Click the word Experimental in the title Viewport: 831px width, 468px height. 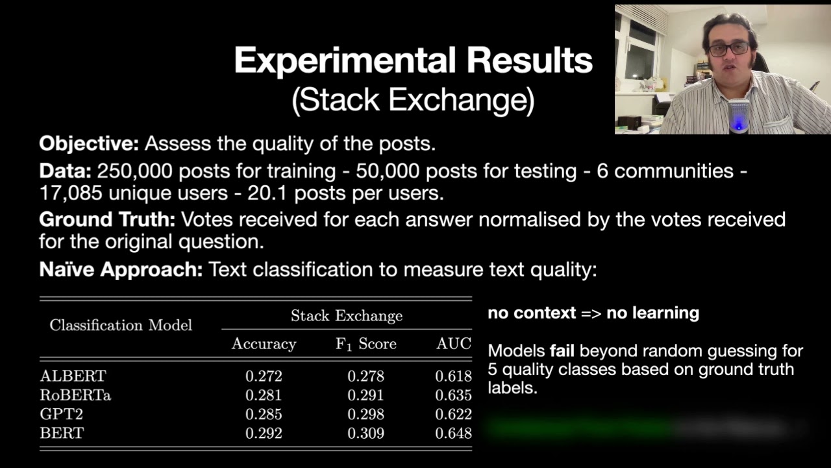[345, 60]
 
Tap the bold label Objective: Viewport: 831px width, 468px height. [89, 144]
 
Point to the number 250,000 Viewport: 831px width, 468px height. [134, 171]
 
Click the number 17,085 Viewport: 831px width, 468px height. [71, 194]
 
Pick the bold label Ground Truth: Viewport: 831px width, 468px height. [107, 220]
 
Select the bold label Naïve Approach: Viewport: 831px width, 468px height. [121, 269]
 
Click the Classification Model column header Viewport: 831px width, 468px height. [121, 326]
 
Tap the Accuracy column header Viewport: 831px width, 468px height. [264, 344]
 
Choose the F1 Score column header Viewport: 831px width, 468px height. [366, 344]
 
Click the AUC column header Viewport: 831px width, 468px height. [454, 344]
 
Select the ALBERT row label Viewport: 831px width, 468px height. [73, 376]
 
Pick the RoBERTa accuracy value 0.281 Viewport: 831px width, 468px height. [264, 395]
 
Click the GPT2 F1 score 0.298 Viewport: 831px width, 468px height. [366, 414]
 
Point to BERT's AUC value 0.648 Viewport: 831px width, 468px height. [453, 434]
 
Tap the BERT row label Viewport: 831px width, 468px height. [62, 433]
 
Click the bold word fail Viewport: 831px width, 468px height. [562, 350]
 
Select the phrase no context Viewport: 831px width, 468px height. [532, 313]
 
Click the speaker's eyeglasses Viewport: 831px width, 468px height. [728, 49]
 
